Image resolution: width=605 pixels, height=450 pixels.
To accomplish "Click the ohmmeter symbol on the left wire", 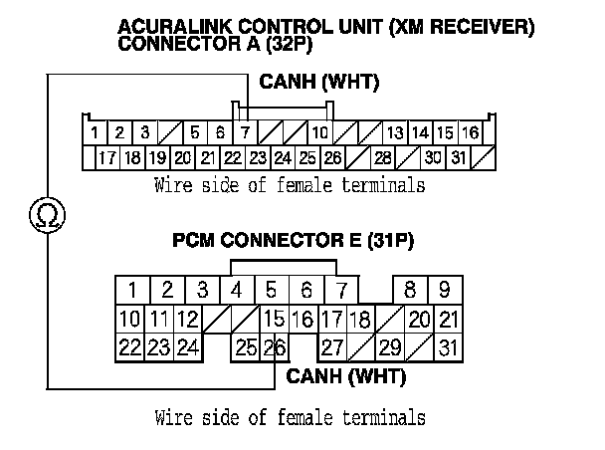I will pyautogui.click(x=45, y=213).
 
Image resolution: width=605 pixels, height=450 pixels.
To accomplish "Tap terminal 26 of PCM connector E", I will pyautogui.click(x=274, y=347).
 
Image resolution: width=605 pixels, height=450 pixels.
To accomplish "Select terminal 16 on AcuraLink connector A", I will pyautogui.click(x=470, y=132).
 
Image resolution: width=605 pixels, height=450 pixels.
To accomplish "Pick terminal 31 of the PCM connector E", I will pyautogui.click(x=447, y=347).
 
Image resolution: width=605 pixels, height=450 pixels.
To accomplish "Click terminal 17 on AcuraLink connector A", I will pyautogui.click(x=106, y=157).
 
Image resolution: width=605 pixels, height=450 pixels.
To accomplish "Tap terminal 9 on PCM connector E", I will pyautogui.click(x=444, y=291).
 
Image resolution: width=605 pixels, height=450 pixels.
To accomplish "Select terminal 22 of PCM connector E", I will pyautogui.click(x=129, y=347).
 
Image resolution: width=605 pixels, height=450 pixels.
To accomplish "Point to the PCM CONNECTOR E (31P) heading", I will pyautogui.click(x=293, y=241).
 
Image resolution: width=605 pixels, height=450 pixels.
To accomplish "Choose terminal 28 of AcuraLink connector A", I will pyautogui.click(x=383, y=157).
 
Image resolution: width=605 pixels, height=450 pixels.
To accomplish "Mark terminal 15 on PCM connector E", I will pyautogui.click(x=274, y=320).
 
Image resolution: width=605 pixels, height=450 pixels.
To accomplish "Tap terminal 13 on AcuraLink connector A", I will pyautogui.click(x=394, y=132).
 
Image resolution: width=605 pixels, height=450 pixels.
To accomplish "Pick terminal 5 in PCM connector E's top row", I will pyautogui.click(x=271, y=291).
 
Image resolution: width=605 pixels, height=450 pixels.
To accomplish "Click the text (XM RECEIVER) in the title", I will pyautogui.click(x=467, y=28).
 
